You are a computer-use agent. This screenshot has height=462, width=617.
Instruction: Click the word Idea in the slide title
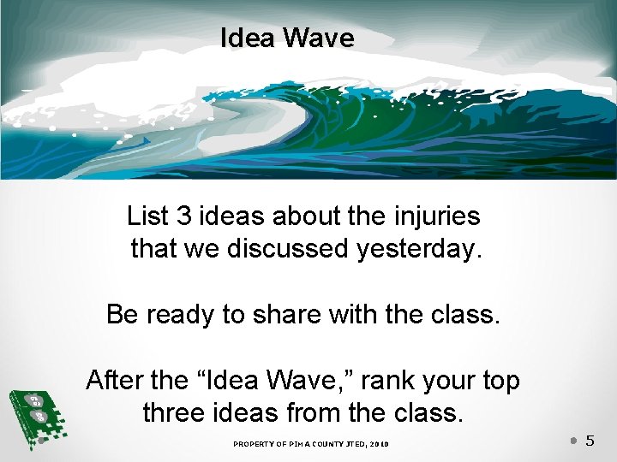pyautogui.click(x=247, y=38)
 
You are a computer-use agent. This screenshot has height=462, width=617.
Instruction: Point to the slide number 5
pyautogui.click(x=590, y=441)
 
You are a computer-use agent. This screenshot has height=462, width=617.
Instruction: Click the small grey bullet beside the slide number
pyautogui.click(x=573, y=441)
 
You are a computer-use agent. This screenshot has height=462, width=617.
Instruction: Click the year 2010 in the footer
pyautogui.click(x=379, y=443)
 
